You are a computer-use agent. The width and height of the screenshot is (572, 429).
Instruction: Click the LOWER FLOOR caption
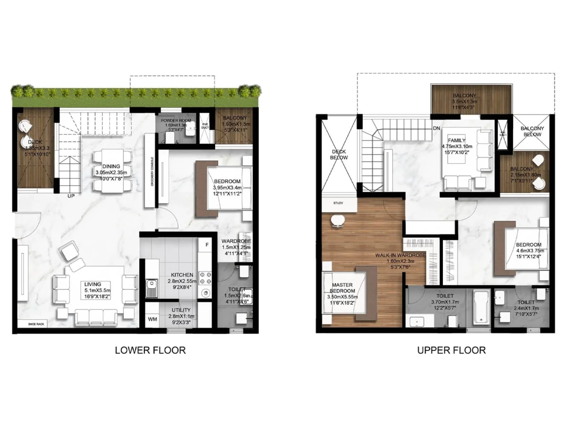tap(150, 350)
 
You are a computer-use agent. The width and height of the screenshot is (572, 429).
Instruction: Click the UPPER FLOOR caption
tap(451, 350)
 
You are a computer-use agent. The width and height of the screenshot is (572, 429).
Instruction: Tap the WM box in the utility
tap(152, 319)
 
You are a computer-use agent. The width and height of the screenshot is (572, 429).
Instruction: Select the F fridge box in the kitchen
tap(207, 245)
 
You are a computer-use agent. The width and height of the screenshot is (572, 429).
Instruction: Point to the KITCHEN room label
tap(182, 275)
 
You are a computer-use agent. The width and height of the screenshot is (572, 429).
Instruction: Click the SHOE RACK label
tap(36, 324)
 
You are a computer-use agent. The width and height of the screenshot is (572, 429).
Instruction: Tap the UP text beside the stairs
tap(71, 196)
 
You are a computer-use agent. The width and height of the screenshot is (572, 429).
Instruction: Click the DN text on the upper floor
tap(436, 128)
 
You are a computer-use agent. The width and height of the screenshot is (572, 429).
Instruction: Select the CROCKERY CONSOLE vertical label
tap(152, 172)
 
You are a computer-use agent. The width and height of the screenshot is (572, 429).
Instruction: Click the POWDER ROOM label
tap(176, 121)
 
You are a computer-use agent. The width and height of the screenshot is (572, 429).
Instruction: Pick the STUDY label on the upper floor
tap(338, 203)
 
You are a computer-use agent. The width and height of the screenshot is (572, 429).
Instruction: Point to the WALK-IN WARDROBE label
tap(400, 255)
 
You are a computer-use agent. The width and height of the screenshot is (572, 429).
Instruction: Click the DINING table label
tap(111, 166)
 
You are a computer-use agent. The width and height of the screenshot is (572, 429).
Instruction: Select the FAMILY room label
tap(457, 140)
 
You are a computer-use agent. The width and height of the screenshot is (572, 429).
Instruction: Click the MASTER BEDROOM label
tap(342, 288)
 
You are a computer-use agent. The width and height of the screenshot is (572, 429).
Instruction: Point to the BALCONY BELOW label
tap(532, 131)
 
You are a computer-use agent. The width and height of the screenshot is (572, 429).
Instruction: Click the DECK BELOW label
tap(339, 154)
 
